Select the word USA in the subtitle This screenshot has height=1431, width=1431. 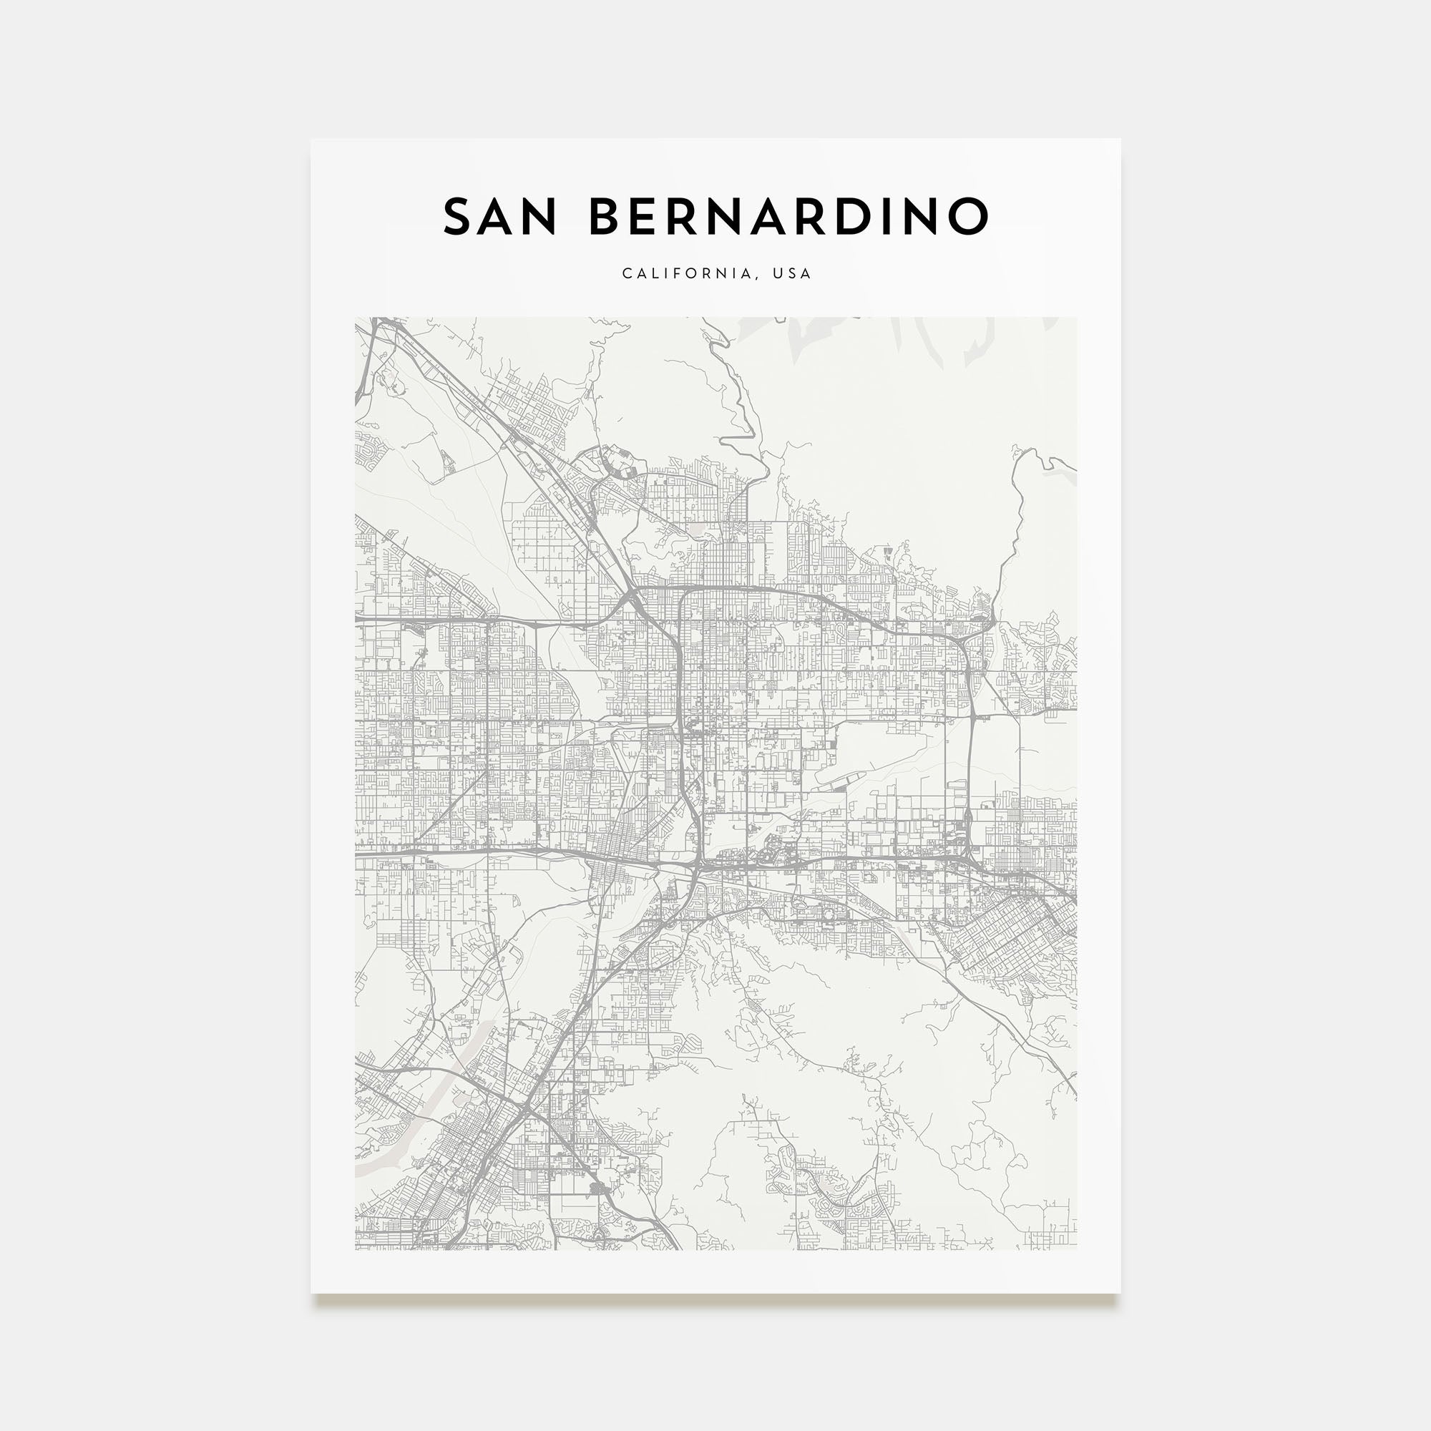click(x=792, y=273)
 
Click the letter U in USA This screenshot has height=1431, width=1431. click(x=777, y=273)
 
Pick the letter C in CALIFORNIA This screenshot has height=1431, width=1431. click(x=626, y=273)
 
